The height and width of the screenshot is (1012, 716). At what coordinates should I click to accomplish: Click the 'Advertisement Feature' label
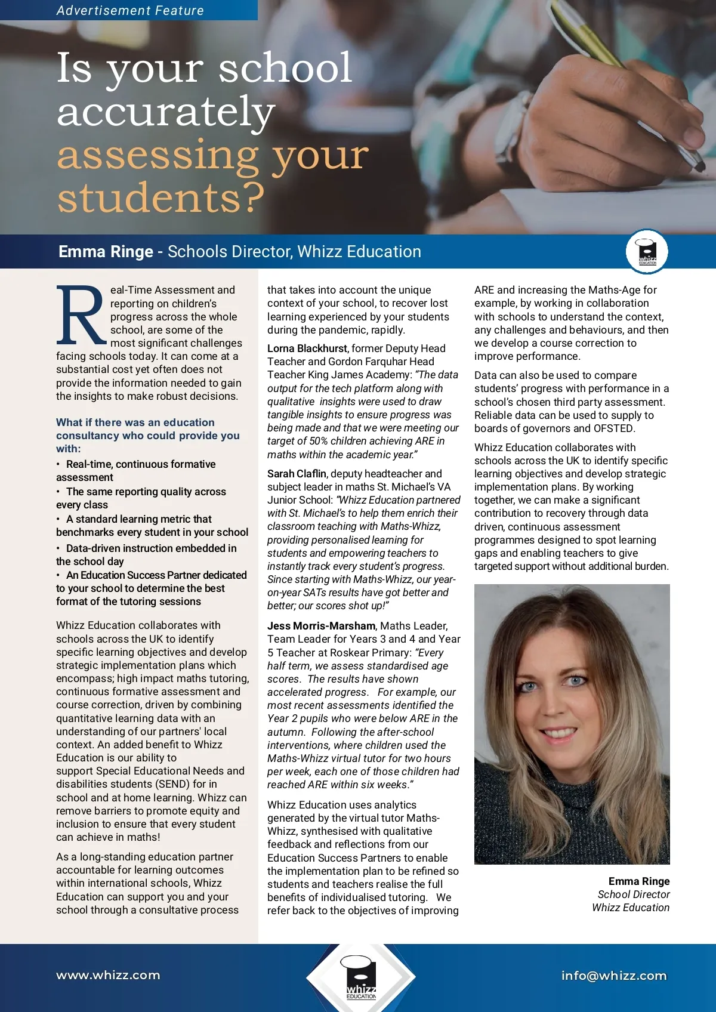(130, 10)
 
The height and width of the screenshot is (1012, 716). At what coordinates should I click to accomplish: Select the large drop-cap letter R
(81, 316)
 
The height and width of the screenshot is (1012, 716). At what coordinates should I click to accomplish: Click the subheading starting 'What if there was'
(147, 435)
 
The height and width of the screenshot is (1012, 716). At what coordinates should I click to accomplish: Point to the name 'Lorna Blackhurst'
(307, 348)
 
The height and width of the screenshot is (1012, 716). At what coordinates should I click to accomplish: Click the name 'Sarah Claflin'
(297, 474)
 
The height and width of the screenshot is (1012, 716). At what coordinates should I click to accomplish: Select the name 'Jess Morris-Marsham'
(321, 626)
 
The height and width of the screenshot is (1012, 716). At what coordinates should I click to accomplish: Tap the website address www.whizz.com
(108, 975)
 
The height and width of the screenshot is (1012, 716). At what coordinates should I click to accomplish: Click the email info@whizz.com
(613, 976)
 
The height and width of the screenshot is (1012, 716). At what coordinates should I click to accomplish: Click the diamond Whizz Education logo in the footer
(360, 977)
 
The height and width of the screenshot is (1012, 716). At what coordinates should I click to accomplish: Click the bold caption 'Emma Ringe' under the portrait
(638, 881)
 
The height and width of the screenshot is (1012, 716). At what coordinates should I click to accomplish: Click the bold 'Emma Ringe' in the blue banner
(106, 252)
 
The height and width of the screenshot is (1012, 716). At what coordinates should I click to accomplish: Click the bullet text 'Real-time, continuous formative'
(141, 464)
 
